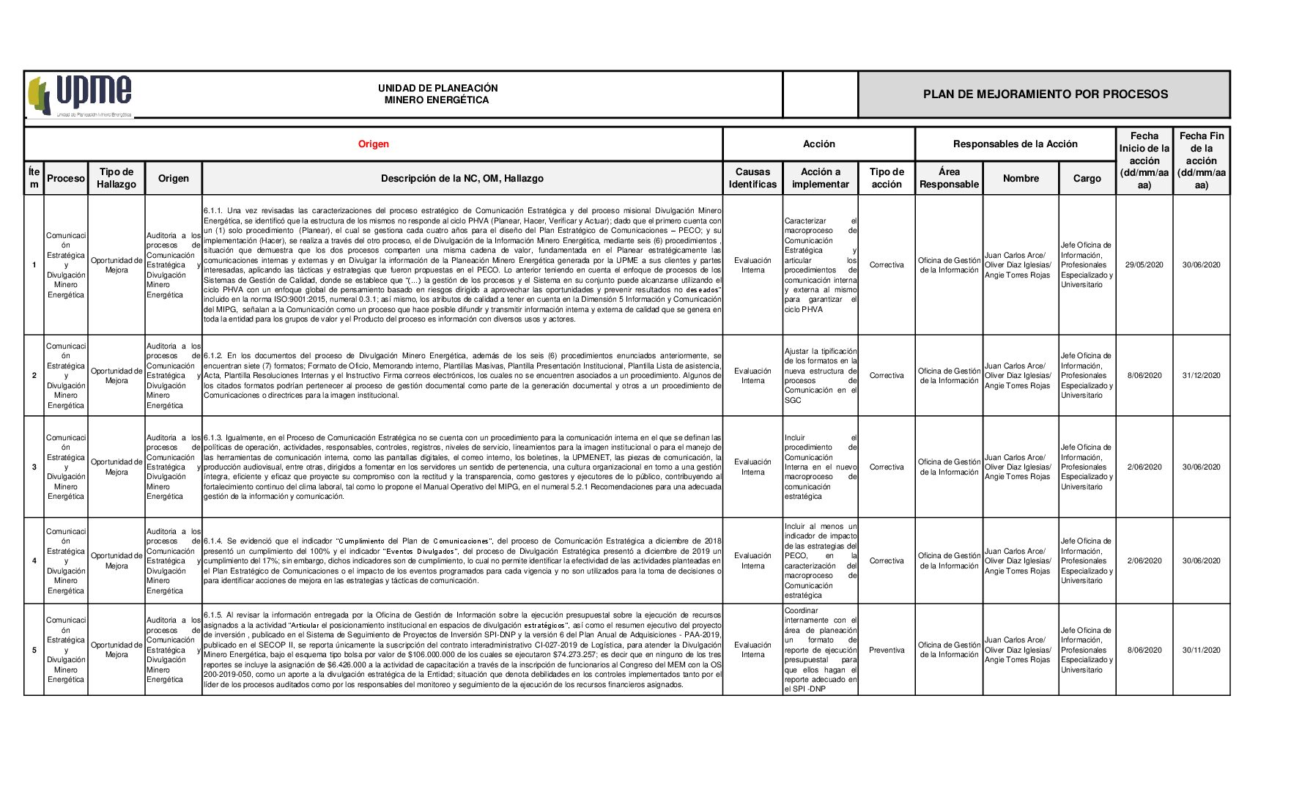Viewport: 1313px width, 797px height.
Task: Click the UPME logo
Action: [81, 95]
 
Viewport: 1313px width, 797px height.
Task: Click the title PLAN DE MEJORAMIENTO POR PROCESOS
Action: [1045, 94]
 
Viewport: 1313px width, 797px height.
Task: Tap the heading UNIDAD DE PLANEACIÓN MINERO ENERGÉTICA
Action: [437, 94]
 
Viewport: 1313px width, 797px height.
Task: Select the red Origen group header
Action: [373, 144]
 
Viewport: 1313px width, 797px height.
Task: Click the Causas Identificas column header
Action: [752, 178]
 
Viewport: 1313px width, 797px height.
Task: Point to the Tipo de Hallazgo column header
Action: [116, 178]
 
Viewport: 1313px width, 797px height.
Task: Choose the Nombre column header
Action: [1021, 178]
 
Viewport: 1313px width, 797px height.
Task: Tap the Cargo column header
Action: [1087, 178]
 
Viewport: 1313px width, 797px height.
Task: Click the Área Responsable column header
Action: [949, 178]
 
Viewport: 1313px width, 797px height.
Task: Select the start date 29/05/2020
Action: [1144, 265]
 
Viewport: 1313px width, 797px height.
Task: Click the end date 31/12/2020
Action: [1201, 376]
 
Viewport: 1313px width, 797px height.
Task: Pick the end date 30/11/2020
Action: [1201, 650]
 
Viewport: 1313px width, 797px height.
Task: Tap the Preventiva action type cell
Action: [887, 650]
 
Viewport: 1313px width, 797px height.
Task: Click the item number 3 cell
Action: [34, 467]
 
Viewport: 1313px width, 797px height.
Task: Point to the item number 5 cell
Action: [34, 650]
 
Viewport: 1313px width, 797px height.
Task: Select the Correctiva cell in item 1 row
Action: [887, 265]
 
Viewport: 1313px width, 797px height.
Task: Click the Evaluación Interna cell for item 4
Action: [752, 560]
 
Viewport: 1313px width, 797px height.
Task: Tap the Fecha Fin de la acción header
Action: [1201, 160]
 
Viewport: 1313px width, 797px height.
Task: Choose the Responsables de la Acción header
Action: [1015, 144]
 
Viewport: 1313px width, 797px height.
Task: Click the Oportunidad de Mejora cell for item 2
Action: [116, 376]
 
